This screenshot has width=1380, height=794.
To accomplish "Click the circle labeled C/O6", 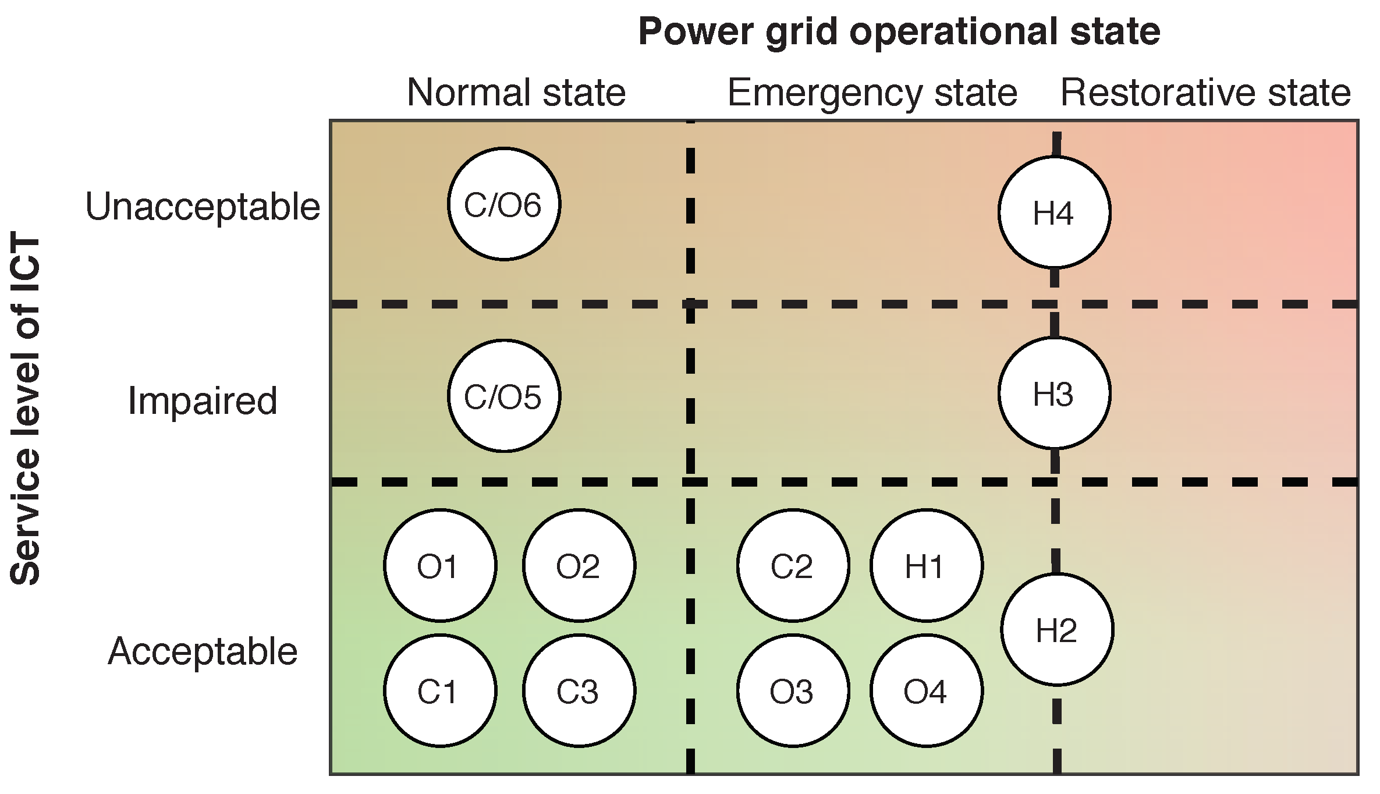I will (x=504, y=204).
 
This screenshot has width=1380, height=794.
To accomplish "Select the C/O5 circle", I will (x=504, y=396).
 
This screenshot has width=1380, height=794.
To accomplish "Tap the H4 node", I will (x=1054, y=212).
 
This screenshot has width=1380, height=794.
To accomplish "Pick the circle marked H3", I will (x=1054, y=394).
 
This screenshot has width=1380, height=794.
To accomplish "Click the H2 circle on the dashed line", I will (x=1057, y=629).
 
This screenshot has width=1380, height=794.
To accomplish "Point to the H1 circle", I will (x=927, y=565).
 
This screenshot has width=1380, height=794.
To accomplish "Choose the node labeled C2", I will (x=793, y=565).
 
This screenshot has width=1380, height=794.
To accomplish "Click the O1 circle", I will (x=440, y=565).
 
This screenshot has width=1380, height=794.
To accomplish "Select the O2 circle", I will (x=579, y=565).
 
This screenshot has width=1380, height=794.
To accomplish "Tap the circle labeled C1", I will (x=440, y=690).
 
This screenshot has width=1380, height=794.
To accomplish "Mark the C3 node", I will (x=579, y=690).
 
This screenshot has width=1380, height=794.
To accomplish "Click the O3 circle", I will (x=793, y=690).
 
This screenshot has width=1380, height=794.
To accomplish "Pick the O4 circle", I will (x=927, y=690).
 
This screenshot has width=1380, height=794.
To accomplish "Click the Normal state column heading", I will (x=516, y=93).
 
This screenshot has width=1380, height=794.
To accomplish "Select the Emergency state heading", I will (x=872, y=93).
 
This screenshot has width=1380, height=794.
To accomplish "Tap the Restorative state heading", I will (x=1205, y=93).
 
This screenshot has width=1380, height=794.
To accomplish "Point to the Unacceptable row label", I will (x=203, y=207).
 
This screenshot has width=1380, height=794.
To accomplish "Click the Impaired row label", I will (x=203, y=401).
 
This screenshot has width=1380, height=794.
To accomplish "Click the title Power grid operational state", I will (x=899, y=31).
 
